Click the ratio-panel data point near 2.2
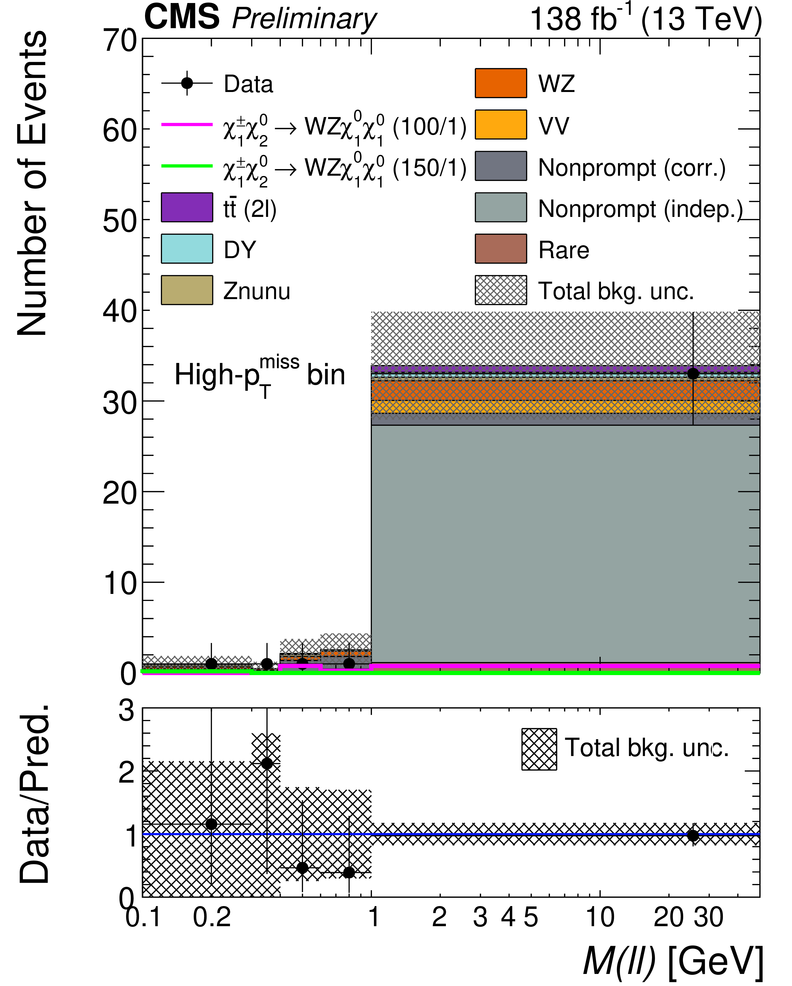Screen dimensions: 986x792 (267, 764)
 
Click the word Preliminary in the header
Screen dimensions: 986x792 (304, 19)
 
